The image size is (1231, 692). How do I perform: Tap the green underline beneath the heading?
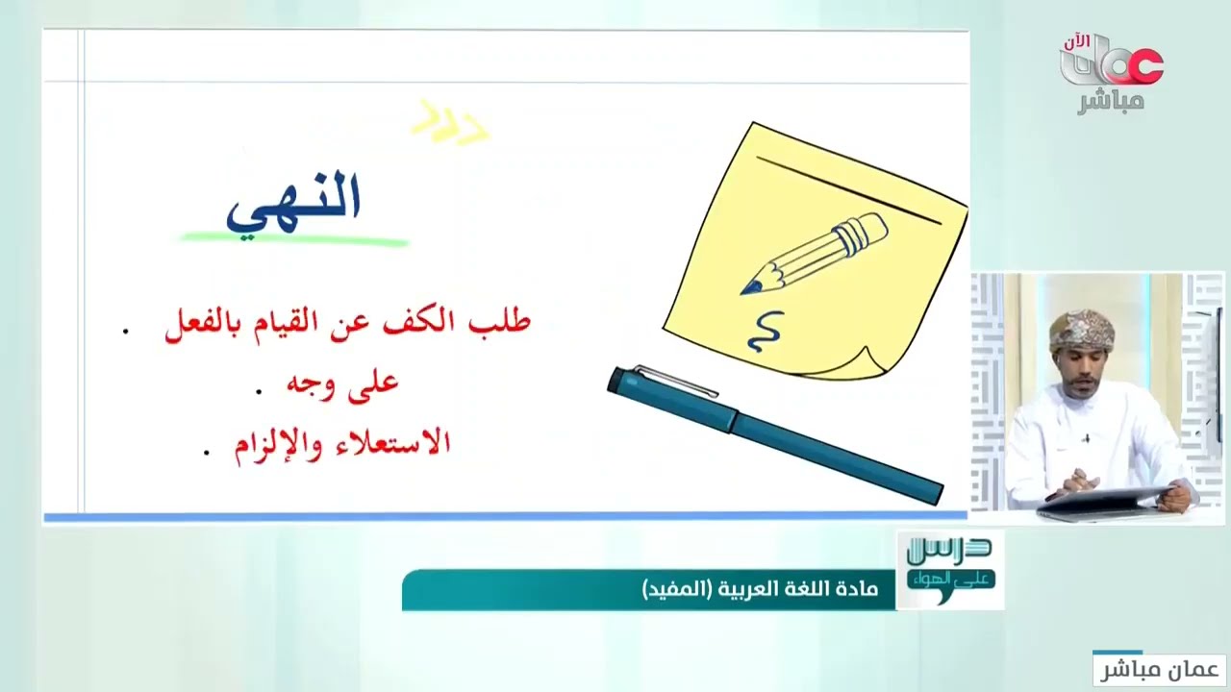coord(294,237)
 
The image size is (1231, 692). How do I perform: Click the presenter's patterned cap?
coord(1082,331)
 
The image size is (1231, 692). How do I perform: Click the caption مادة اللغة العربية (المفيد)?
coord(759,589)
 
